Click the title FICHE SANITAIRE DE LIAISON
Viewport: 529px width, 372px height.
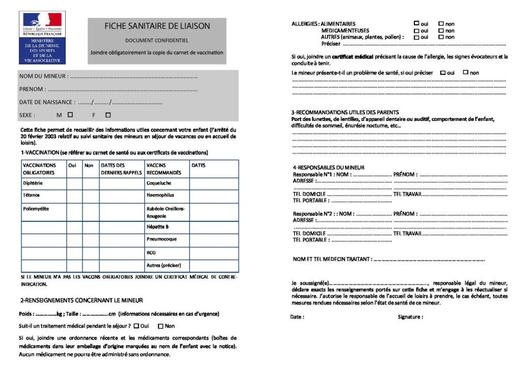pos(158,26)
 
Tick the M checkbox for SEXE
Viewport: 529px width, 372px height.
pos(70,115)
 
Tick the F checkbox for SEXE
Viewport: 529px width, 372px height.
pos(108,115)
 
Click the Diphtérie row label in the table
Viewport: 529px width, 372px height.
pos(33,183)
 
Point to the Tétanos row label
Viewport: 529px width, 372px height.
pos(32,195)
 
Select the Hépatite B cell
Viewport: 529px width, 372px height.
pos(158,227)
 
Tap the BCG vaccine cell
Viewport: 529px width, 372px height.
pos(151,252)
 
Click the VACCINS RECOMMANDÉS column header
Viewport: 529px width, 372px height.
pos(164,169)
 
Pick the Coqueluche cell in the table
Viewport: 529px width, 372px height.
pos(159,183)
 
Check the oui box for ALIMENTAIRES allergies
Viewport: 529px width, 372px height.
pos(416,23)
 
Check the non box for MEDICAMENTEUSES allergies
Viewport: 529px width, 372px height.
pos(441,30)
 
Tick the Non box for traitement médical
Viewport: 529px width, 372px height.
pos(160,326)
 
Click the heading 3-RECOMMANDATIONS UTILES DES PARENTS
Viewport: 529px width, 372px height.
pos(345,112)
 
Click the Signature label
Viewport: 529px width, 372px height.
pos(410,317)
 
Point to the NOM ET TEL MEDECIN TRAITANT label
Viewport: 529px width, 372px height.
pos(332,259)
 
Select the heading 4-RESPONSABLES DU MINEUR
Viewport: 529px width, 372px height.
pos(329,168)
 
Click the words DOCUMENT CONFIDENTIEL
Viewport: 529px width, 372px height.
pos(157,40)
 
